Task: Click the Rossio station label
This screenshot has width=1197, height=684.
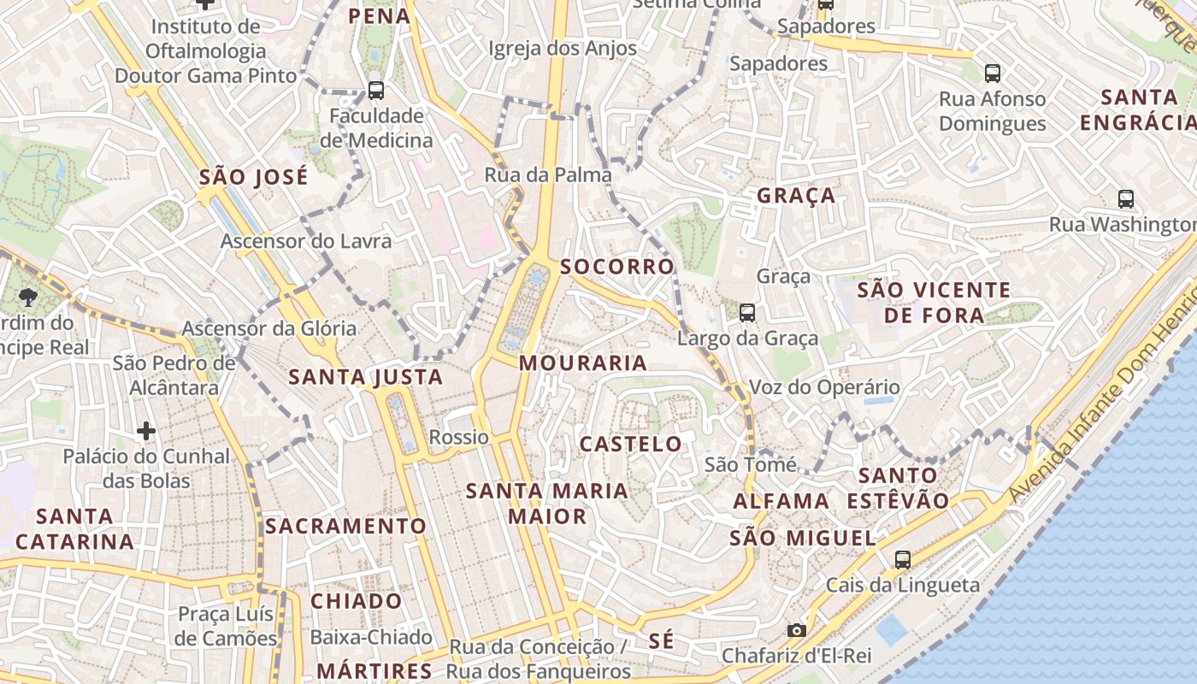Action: point(459,438)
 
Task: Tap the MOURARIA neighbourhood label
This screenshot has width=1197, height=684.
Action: point(583,363)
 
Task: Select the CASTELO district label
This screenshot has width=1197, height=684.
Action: point(631,444)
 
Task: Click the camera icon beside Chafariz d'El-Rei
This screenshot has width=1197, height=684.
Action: point(796,630)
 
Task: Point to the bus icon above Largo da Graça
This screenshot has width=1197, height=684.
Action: point(747,312)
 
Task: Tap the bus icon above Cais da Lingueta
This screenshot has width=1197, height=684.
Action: point(903,560)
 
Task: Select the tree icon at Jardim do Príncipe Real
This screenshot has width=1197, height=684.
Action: point(28,297)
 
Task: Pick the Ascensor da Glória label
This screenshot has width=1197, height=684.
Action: point(269,328)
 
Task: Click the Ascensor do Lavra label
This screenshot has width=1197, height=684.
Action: point(306,241)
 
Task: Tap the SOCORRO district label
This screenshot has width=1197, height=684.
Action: point(617,267)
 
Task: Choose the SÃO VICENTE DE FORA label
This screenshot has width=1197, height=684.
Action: point(934,303)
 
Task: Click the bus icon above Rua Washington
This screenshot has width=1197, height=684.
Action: point(1126,199)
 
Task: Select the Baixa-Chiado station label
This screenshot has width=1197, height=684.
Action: point(371,637)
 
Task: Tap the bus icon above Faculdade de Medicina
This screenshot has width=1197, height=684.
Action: point(375,90)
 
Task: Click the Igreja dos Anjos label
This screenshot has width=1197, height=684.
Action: point(563,48)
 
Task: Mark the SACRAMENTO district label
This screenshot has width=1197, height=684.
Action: point(345,526)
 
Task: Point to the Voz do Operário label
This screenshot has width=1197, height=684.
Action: point(824,387)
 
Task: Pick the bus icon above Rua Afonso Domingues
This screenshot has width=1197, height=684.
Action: point(992,74)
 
